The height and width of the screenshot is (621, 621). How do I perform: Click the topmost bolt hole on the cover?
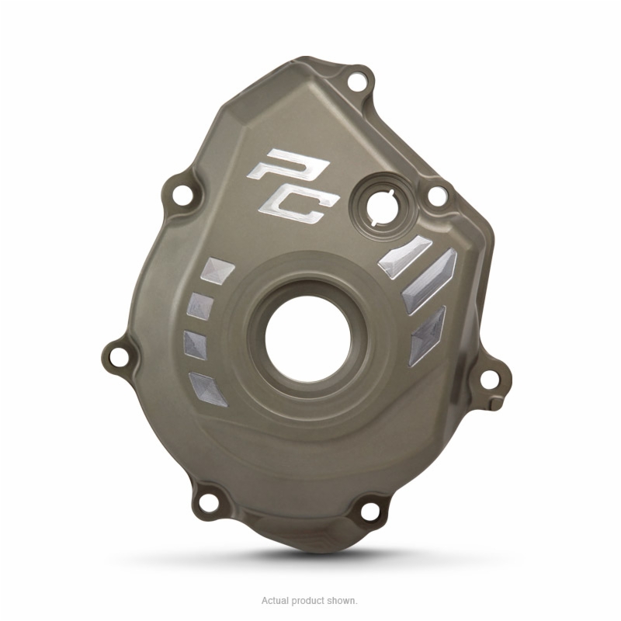[357, 82]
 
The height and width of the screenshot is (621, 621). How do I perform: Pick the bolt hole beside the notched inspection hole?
[436, 195]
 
